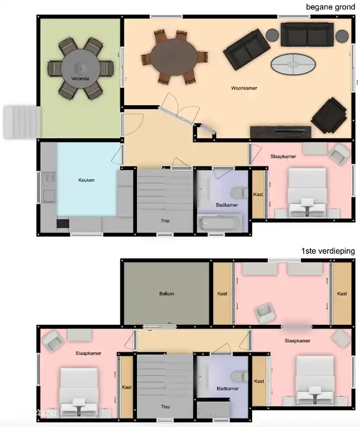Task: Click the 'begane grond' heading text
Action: tap(330, 7)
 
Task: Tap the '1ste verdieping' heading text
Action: tap(328, 251)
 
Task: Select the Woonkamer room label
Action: tap(244, 88)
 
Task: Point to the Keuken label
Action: tap(86, 180)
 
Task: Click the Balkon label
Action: tap(166, 294)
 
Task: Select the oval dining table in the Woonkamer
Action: tap(174, 57)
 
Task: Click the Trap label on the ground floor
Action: tap(165, 221)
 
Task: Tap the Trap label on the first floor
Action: tap(165, 406)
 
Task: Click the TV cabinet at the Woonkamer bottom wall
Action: tap(280, 132)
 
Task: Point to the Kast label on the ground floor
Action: tap(258, 195)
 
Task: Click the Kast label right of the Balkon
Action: tap(223, 294)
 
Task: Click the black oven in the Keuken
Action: tap(63, 224)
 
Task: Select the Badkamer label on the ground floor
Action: tap(227, 205)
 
